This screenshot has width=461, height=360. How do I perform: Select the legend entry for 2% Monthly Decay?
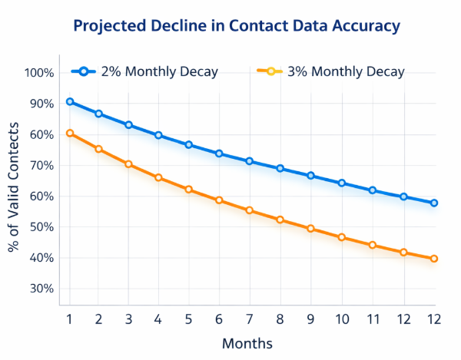(x=146, y=72)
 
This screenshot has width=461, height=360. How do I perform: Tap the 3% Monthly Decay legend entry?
(x=330, y=72)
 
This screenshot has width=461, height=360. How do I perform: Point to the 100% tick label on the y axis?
(x=39, y=73)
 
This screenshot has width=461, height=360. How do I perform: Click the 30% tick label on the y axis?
(x=39, y=289)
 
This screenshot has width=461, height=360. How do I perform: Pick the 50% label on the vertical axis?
(x=39, y=227)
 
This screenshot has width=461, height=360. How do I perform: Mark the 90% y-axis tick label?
(x=39, y=104)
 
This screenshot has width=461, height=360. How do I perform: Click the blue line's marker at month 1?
(x=70, y=101)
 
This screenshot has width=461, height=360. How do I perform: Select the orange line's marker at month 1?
(x=70, y=133)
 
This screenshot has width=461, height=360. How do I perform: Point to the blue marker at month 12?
(x=434, y=203)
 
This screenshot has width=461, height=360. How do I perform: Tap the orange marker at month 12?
(x=434, y=259)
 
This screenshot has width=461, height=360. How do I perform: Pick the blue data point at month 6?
(x=219, y=154)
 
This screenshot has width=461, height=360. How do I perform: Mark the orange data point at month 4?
(x=158, y=177)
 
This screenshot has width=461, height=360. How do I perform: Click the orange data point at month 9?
(x=310, y=228)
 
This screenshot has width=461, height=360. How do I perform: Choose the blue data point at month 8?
(x=280, y=168)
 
